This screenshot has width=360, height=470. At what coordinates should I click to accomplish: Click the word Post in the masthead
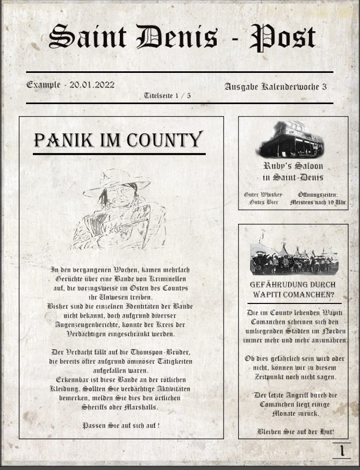282,38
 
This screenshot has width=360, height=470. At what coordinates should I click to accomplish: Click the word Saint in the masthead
88,38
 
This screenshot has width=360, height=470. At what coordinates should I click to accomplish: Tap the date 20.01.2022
92,84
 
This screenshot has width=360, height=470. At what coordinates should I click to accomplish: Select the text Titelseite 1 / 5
167,95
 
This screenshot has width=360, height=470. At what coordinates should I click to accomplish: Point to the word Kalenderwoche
292,86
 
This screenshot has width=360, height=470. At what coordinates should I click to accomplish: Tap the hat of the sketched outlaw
117,182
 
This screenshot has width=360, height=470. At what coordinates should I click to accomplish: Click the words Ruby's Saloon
293,166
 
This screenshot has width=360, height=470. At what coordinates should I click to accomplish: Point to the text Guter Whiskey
263,195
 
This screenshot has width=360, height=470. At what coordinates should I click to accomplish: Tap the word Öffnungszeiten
318,195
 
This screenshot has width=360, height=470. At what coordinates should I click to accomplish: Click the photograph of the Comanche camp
293,259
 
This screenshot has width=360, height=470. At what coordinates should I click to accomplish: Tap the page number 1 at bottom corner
342,450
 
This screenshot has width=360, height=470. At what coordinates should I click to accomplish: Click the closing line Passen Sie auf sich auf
121,425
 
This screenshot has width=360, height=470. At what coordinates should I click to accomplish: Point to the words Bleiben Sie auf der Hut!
295,431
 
